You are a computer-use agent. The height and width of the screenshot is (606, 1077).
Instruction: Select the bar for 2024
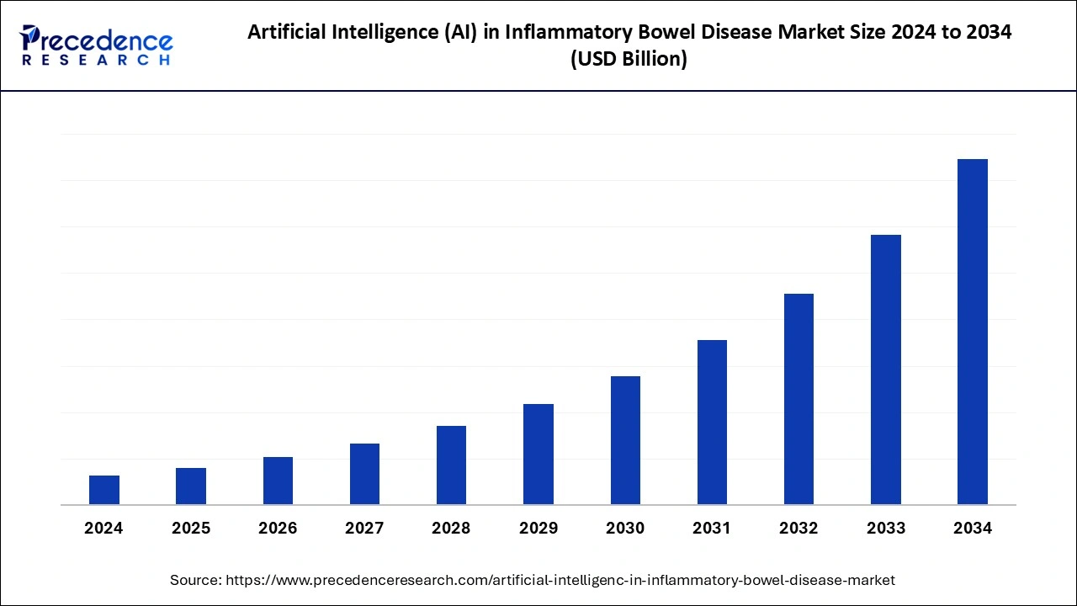click(x=104, y=490)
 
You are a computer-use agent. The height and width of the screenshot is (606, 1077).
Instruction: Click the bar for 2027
click(x=364, y=474)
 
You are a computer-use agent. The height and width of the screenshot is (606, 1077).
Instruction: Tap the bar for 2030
click(x=625, y=440)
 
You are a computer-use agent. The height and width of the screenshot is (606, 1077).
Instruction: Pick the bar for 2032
click(x=798, y=399)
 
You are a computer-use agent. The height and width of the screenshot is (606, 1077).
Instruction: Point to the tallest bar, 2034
click(x=973, y=332)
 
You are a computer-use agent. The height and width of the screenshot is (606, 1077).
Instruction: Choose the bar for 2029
click(x=538, y=454)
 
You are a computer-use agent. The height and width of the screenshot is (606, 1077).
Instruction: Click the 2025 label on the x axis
click(x=191, y=529)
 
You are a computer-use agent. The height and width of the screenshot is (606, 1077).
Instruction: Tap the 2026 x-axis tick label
click(x=278, y=529)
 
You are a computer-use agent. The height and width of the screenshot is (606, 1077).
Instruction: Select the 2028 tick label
click(x=451, y=529)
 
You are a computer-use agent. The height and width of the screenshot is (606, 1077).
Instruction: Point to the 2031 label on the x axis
click(x=712, y=529)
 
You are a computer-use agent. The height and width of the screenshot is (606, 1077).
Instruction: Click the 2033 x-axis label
click(x=886, y=529)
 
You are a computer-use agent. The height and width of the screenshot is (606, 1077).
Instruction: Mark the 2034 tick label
click(x=973, y=529)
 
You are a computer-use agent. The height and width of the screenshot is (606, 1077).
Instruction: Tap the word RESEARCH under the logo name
click(x=97, y=61)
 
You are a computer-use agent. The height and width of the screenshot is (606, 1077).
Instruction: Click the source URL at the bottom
click(x=560, y=580)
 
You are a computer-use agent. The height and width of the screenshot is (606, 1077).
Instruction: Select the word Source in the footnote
click(x=195, y=580)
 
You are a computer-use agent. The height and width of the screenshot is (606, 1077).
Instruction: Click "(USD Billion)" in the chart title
click(x=629, y=59)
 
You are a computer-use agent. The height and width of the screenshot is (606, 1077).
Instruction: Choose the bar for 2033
click(x=886, y=369)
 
